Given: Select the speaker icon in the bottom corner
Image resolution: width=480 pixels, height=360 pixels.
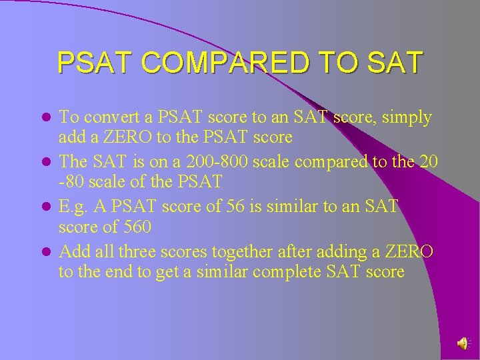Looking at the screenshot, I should pos(462,343).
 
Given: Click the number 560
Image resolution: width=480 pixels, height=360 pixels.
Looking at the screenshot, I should pos(137,227).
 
